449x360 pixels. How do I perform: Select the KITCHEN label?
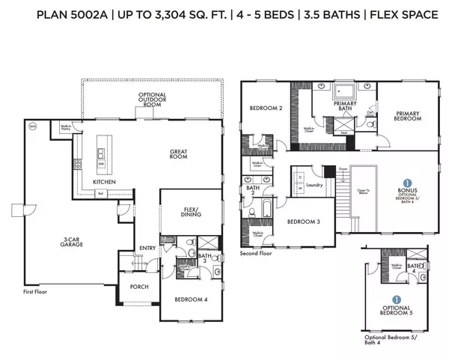tap(104, 182)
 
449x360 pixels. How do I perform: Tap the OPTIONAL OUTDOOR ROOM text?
tap(151, 100)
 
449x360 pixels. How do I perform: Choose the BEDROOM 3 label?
tap(304, 221)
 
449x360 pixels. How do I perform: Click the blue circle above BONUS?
tap(407, 183)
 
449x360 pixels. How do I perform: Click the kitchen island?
tap(100, 158)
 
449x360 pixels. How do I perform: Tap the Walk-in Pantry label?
tap(67, 128)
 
